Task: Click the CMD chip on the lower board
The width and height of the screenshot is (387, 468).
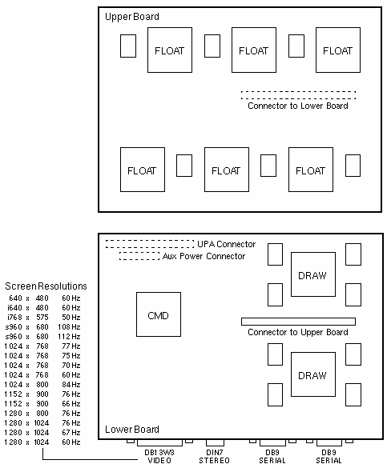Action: click(159, 314)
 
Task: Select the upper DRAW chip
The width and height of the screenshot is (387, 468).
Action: click(313, 274)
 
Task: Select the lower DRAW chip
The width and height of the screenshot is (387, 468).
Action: click(313, 374)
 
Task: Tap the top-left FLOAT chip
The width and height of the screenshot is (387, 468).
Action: click(170, 50)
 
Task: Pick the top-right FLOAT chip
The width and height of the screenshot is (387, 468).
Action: click(338, 50)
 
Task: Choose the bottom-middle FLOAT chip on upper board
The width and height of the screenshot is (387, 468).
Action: click(227, 170)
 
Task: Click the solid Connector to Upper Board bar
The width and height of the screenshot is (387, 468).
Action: click(298, 321)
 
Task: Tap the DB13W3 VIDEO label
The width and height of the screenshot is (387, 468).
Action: click(159, 456)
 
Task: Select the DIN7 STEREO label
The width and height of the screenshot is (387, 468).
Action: click(214, 456)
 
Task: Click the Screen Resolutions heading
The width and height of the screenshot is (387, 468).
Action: click(46, 286)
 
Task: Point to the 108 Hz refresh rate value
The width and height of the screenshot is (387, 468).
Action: click(69, 327)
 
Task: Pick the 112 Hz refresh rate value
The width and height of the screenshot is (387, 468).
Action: click(69, 336)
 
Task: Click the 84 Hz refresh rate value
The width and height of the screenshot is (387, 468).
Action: click(71, 385)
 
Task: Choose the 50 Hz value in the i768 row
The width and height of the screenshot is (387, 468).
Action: click(71, 318)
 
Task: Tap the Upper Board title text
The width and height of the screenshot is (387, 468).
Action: click(131, 17)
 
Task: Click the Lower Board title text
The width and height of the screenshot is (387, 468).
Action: click(131, 429)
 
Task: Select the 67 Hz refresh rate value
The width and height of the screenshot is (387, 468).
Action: click(71, 433)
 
